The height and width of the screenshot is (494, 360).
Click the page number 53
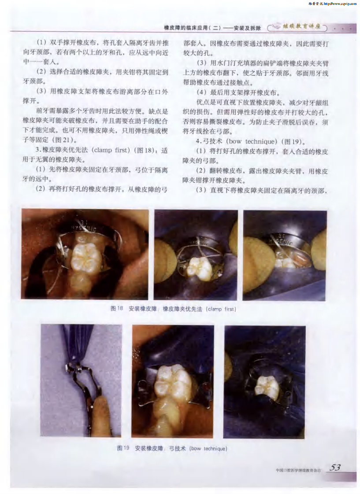[335, 468]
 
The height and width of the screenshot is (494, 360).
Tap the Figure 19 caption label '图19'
[123, 448]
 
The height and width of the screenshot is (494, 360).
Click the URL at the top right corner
[340, 4]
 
